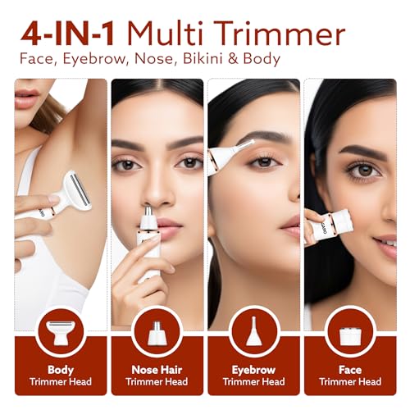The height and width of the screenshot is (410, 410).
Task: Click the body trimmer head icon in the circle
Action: pyautogui.click(x=60, y=332)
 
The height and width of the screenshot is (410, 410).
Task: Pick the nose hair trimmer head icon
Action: pyautogui.click(x=156, y=332)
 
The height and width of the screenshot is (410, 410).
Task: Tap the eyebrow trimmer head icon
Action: pyautogui.click(x=253, y=332)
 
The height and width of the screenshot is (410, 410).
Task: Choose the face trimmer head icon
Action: pyautogui.click(x=349, y=332)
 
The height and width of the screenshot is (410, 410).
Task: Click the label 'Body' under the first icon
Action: pyautogui.click(x=60, y=370)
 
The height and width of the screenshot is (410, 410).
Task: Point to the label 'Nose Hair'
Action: pyautogui.click(x=156, y=370)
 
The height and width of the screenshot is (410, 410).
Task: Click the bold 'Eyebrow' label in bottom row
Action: pyautogui.click(x=253, y=370)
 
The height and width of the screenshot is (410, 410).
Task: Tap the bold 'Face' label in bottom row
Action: pyautogui.click(x=349, y=370)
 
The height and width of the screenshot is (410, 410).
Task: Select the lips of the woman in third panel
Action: pyautogui.click(x=289, y=224)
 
